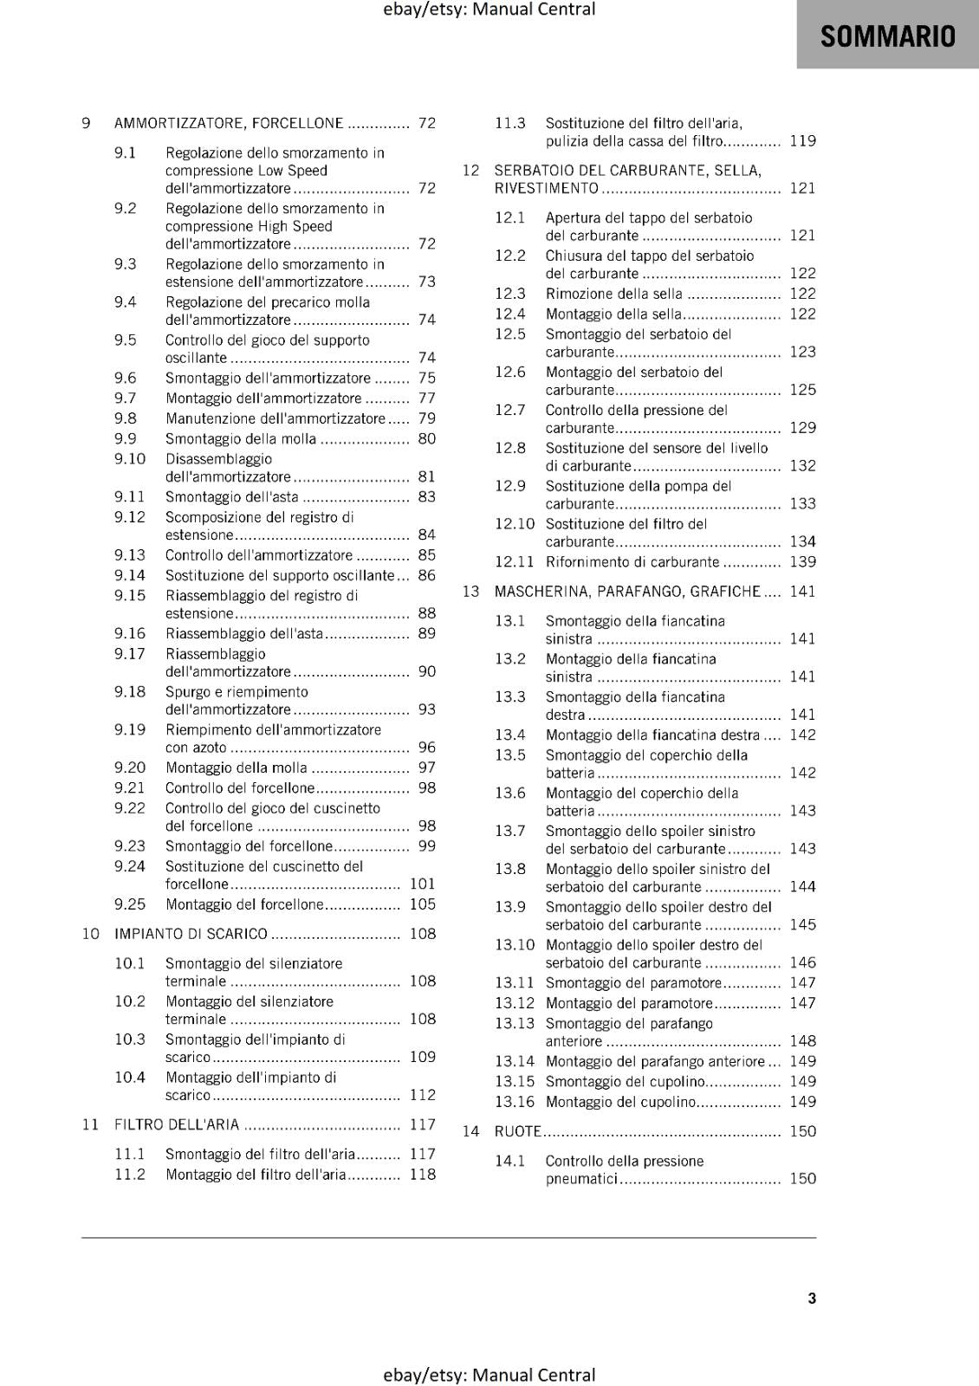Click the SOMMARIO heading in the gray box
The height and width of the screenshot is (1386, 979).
point(887,36)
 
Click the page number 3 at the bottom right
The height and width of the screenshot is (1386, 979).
point(812,1298)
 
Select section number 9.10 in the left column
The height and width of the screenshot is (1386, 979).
point(130,459)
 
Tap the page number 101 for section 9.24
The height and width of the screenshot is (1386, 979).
point(423,884)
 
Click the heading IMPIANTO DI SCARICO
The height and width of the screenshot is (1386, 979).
point(191,934)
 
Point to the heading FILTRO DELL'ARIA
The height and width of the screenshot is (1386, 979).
point(177,1124)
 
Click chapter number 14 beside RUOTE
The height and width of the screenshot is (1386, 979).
point(470,1131)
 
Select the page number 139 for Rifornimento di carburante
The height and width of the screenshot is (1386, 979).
point(802,562)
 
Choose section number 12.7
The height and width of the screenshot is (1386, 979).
point(510,410)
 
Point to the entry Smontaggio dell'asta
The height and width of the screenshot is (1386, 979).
point(231,497)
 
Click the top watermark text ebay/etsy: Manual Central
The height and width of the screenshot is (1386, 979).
point(489,10)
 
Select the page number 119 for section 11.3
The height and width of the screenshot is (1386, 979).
point(802,141)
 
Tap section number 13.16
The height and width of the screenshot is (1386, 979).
point(515,1102)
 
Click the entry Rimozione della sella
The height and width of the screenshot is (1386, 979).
point(613,294)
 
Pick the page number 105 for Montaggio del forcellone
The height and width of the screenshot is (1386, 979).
point(423,904)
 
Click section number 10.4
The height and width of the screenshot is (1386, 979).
point(130,1078)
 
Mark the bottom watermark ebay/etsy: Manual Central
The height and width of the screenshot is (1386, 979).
point(489,1375)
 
